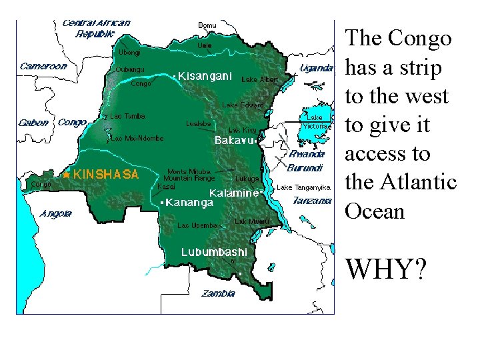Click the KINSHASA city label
tap(106, 175)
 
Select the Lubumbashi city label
tap(215, 252)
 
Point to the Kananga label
tap(189, 201)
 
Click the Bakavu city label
tap(235, 141)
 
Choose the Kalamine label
tap(234, 193)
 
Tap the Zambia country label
tap(219, 293)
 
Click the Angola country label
tap(56, 214)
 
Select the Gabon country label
tap(33, 123)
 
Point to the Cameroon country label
tap(43, 66)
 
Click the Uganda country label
tap(316, 68)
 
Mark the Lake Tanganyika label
tap(303, 187)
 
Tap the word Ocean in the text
tap(375, 211)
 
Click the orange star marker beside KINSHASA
tap(67, 175)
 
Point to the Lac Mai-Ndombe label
tap(137, 139)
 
